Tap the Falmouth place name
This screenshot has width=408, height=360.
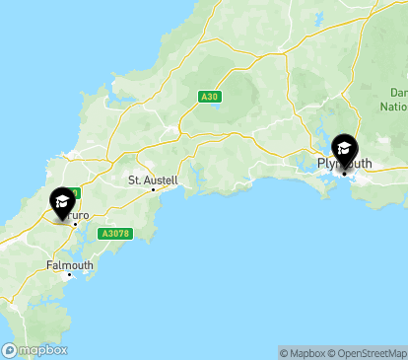[x=70, y=265]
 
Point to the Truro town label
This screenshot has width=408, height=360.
[x=79, y=214]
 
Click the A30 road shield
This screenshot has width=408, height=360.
[x=208, y=96]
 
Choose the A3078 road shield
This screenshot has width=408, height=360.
[x=115, y=233]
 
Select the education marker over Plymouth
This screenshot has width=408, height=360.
[x=344, y=151]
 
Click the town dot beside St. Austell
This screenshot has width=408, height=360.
[x=153, y=189]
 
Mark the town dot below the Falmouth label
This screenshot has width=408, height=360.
[x=69, y=275]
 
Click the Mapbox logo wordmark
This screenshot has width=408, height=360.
[x=43, y=350]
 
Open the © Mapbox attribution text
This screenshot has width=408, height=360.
[x=302, y=352]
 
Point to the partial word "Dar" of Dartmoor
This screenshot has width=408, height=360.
[x=397, y=93]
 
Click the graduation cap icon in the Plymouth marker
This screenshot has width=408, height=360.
[x=344, y=149]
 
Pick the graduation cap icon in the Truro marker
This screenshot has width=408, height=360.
[x=62, y=201]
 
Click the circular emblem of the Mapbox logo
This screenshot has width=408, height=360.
[x=9, y=350]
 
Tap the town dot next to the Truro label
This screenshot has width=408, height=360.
[x=73, y=223]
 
